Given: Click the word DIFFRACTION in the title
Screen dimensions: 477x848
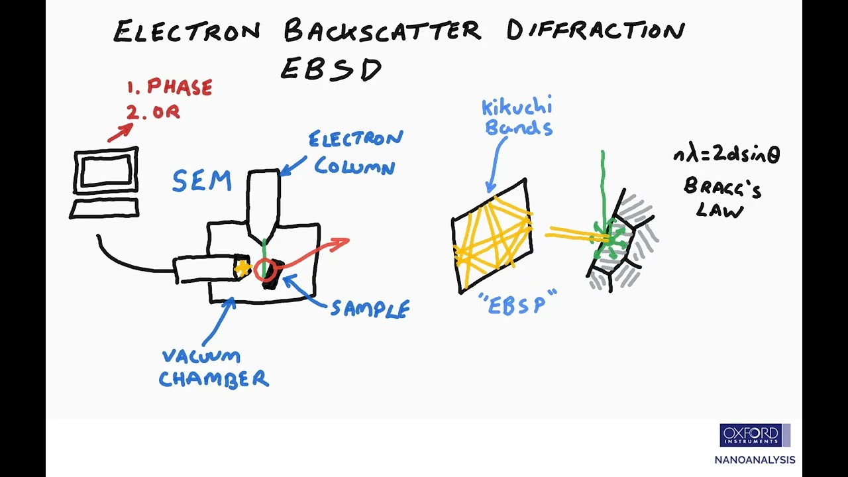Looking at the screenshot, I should pos(595,31).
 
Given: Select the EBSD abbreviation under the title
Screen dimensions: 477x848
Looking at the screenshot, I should pos(331,69).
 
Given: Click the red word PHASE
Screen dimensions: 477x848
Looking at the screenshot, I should pos(179,87).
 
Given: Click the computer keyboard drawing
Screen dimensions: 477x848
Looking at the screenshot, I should pos(104,209).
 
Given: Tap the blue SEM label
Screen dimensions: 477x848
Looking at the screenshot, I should pos(201,181).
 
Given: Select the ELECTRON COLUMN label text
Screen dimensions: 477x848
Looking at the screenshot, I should pos(356,152).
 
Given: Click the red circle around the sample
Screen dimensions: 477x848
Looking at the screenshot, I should pos(265,269).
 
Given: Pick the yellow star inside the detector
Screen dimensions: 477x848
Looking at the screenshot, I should pos(242,268).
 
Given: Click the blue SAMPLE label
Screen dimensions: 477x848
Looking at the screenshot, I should pos(370,309).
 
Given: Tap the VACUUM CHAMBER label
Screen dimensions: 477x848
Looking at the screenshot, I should pos(213,368).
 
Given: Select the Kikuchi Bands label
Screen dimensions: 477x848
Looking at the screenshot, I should pos(517,117).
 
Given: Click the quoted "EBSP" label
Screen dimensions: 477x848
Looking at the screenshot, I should pos(517,303).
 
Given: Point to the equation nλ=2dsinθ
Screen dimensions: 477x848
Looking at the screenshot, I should pos(726,155).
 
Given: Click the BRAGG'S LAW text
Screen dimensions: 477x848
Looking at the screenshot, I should pos(721,198).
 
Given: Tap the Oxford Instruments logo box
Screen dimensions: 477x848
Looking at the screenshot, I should pos(755,435).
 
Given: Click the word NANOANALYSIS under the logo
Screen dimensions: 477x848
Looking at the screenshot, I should pos(755,460).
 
